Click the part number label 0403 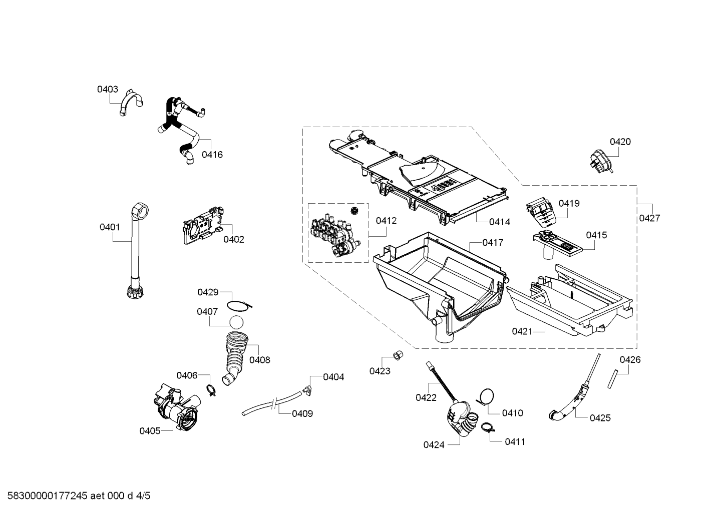[x=107, y=89]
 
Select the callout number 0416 [x=212, y=155]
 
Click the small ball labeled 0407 [x=237, y=322]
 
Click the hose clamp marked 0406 [x=211, y=389]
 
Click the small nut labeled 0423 [x=399, y=355]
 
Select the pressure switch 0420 [x=599, y=159]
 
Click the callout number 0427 [x=649, y=218]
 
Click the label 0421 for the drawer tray [x=522, y=331]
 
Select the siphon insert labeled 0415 [x=556, y=245]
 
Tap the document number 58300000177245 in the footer [x=45, y=495]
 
